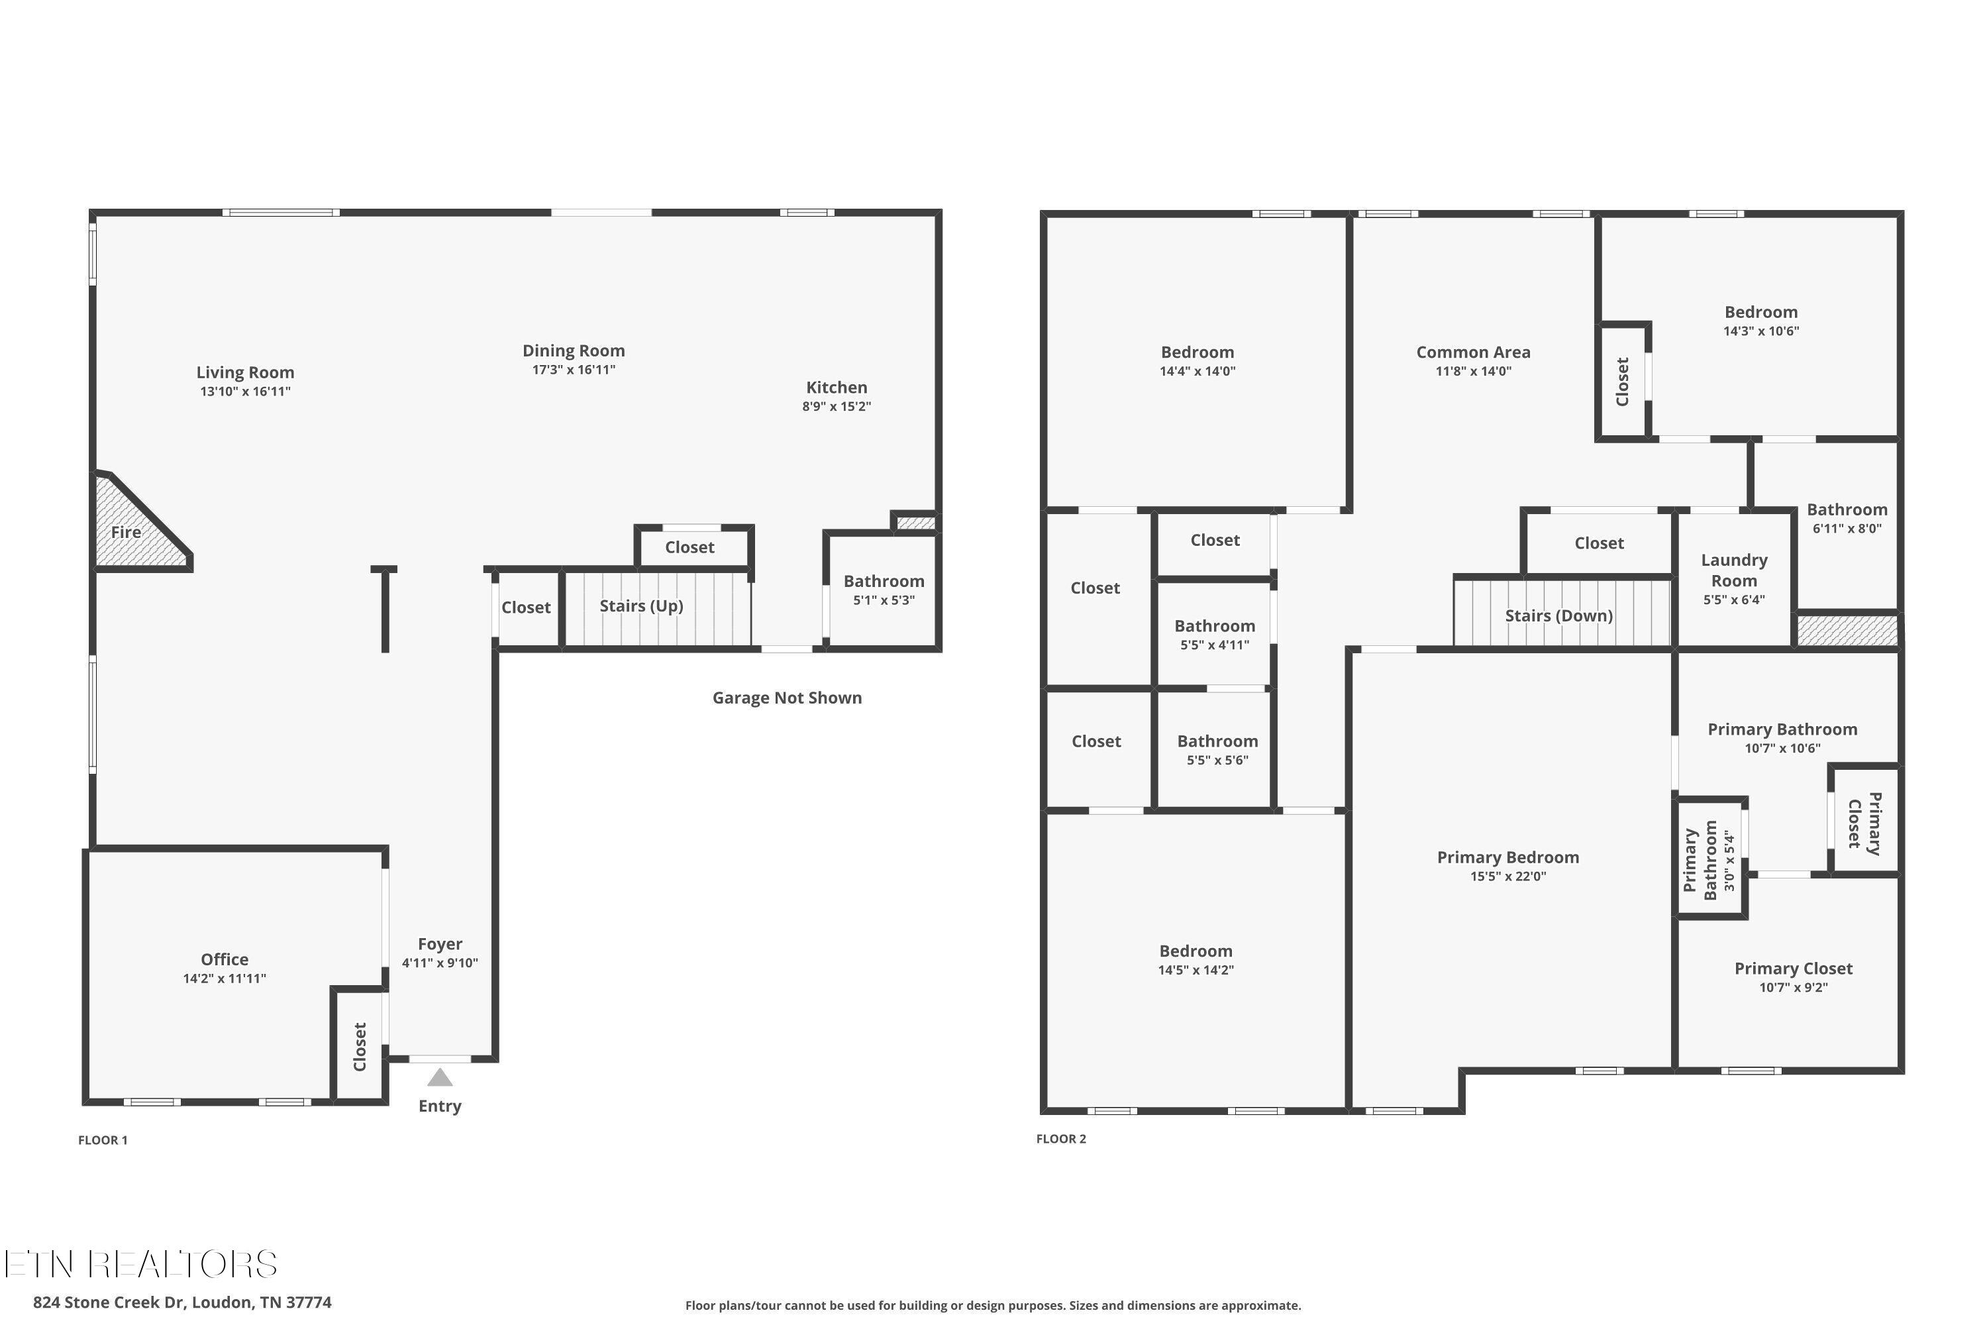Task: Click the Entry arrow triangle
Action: pyautogui.click(x=439, y=1077)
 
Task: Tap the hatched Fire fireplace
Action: pyautogui.click(x=135, y=523)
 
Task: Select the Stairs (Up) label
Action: pyautogui.click(x=641, y=606)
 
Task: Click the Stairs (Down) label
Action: pyautogui.click(x=1558, y=616)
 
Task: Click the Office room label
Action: pyautogui.click(x=225, y=959)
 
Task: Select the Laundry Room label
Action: pyautogui.click(x=1733, y=570)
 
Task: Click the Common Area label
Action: pyautogui.click(x=1473, y=352)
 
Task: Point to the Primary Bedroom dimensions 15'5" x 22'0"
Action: pyautogui.click(x=1508, y=876)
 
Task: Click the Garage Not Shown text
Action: pyautogui.click(x=787, y=698)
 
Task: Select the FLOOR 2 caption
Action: pyautogui.click(x=1061, y=1139)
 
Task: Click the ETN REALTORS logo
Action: pyautogui.click(x=140, y=1264)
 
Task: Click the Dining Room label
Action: pyautogui.click(x=574, y=350)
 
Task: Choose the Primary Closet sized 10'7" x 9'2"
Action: pyautogui.click(x=1794, y=977)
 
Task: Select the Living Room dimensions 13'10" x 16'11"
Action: pyautogui.click(x=245, y=392)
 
